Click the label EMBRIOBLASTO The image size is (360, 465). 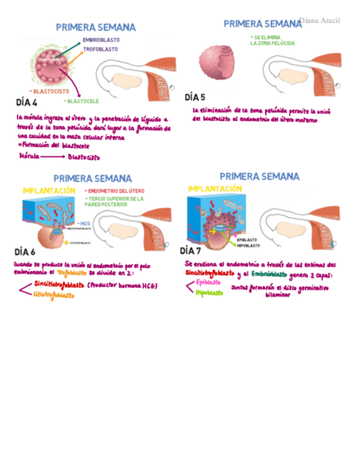(101, 40)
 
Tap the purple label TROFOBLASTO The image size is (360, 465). (100, 49)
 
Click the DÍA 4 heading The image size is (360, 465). (27, 103)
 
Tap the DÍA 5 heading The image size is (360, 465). (195, 97)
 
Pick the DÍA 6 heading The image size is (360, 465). (25, 252)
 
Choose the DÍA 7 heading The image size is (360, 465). (191, 251)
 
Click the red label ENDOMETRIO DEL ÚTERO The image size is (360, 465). (115, 191)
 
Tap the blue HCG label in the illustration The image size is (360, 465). (84, 223)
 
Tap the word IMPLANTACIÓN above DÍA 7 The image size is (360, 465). (215, 189)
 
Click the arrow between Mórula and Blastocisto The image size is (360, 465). (53, 156)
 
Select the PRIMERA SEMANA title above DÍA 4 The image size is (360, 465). (95, 27)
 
